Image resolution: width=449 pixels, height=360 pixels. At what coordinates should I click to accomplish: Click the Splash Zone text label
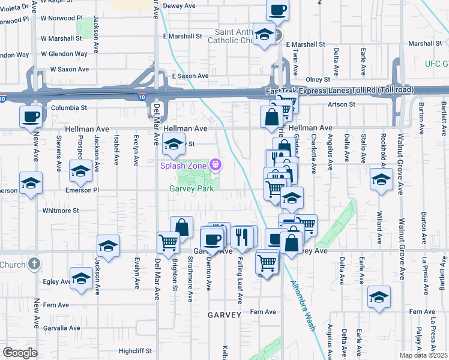coord(183,166)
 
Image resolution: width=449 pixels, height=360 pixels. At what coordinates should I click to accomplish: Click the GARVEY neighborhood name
coord(224,314)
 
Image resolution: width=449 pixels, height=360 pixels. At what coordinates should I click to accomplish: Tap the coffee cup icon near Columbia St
coord(31,116)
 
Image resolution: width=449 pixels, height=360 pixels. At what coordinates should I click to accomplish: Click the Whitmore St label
coord(61,211)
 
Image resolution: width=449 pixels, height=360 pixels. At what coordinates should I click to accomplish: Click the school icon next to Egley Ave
coord(80,277)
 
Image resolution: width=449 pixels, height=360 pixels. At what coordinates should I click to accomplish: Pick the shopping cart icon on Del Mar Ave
coord(168,241)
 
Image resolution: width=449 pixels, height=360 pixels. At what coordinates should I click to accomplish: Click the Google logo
coord(19,353)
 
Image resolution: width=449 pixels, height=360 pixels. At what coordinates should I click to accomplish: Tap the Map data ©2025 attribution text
coord(424,355)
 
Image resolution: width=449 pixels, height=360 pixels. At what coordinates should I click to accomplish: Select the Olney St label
coord(318,79)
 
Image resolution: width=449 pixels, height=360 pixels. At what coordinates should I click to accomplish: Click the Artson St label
coord(342,104)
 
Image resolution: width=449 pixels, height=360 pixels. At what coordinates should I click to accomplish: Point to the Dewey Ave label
coord(180,5)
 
